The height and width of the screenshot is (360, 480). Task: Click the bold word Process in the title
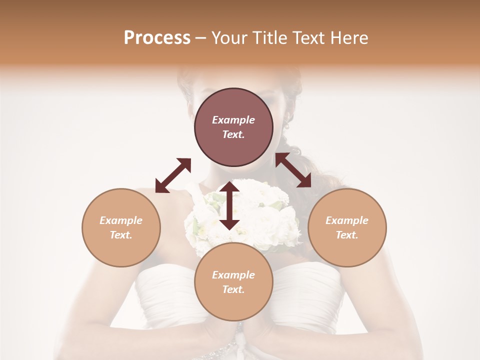click(x=157, y=38)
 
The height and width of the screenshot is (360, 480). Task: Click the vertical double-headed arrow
click(x=229, y=205)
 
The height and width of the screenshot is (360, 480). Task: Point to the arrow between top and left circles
click(x=173, y=175)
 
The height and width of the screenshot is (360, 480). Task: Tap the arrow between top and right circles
click(x=293, y=170)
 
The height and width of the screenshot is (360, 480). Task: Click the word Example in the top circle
click(x=233, y=120)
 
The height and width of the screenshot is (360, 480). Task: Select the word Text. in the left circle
click(x=121, y=235)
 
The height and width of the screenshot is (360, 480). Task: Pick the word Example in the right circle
click(x=347, y=220)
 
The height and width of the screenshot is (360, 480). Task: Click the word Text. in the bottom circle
click(x=233, y=289)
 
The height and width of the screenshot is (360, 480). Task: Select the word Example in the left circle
click(x=121, y=220)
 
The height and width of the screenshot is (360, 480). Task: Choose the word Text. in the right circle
click(x=347, y=235)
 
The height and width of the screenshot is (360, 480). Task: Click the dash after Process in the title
click(x=200, y=38)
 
